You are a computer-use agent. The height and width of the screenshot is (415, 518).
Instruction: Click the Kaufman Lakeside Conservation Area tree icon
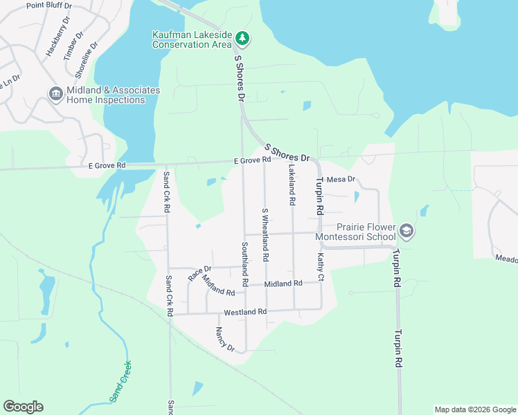(x=242, y=37)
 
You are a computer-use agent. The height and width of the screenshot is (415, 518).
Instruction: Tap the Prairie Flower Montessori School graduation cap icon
(x=407, y=230)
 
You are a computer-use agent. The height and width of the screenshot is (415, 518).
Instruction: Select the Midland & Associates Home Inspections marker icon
(x=55, y=93)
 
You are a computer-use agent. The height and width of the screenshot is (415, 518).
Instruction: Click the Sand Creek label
(x=120, y=381)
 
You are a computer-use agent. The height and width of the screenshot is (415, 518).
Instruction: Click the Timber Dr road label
(x=73, y=46)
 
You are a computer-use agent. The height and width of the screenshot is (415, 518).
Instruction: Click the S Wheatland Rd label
(x=265, y=234)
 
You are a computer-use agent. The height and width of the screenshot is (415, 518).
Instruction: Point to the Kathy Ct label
(x=321, y=266)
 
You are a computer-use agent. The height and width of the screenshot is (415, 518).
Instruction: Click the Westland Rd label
(x=245, y=312)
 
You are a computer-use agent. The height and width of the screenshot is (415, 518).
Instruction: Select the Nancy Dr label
(x=226, y=339)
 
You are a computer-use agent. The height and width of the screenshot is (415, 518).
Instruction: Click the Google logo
(x=23, y=407)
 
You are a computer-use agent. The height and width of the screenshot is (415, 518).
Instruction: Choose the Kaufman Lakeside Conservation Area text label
(x=190, y=40)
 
